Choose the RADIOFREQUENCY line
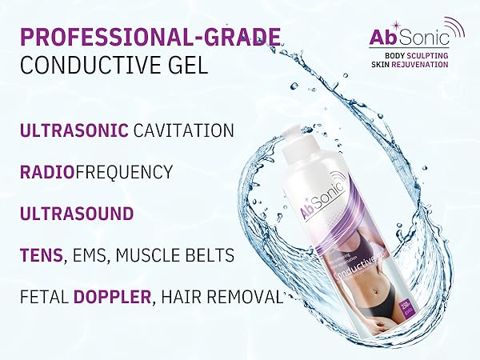click(96, 172)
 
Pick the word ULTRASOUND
click(77, 214)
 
